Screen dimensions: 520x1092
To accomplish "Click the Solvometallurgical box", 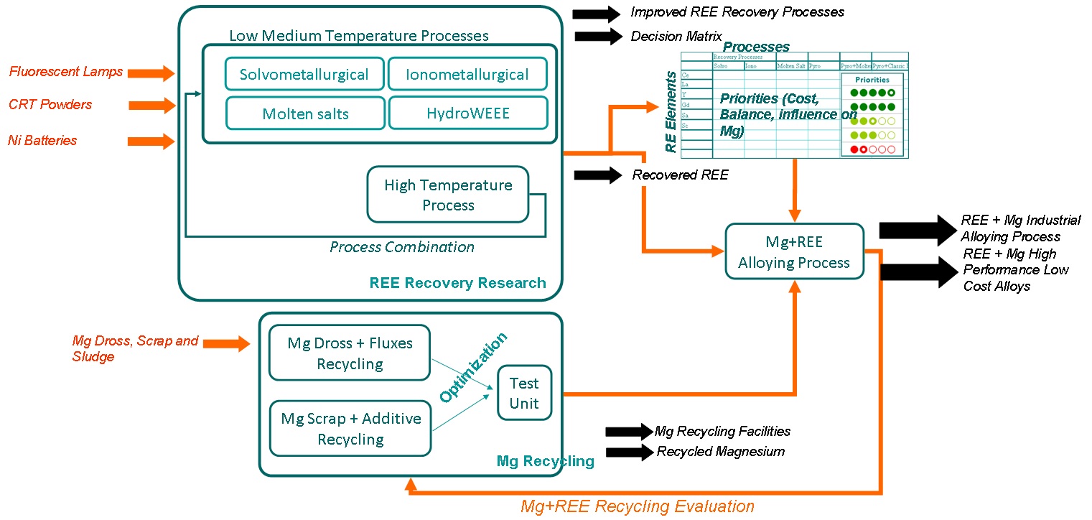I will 304,74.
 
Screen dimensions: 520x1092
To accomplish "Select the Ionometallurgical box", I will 467,74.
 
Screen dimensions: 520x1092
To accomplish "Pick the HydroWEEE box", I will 467,113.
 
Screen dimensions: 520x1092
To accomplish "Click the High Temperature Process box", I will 447,195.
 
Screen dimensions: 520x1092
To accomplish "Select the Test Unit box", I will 524,391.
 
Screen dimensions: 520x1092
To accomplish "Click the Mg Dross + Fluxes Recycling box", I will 350,353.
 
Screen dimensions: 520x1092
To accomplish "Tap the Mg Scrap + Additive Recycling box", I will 350,429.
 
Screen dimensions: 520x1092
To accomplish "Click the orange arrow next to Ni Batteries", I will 151,141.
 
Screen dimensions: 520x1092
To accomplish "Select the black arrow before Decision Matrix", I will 597,36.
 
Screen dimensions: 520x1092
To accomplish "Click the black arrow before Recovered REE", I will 597,175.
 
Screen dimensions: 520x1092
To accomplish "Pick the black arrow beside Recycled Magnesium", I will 628,452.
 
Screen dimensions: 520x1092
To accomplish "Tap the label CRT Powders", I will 50,105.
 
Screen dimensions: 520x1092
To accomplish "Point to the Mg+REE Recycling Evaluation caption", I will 637,506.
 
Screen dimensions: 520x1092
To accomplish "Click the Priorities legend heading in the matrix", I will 872,80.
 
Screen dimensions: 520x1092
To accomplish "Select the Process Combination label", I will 402,247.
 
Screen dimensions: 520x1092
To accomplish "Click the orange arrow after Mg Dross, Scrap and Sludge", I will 226,344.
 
